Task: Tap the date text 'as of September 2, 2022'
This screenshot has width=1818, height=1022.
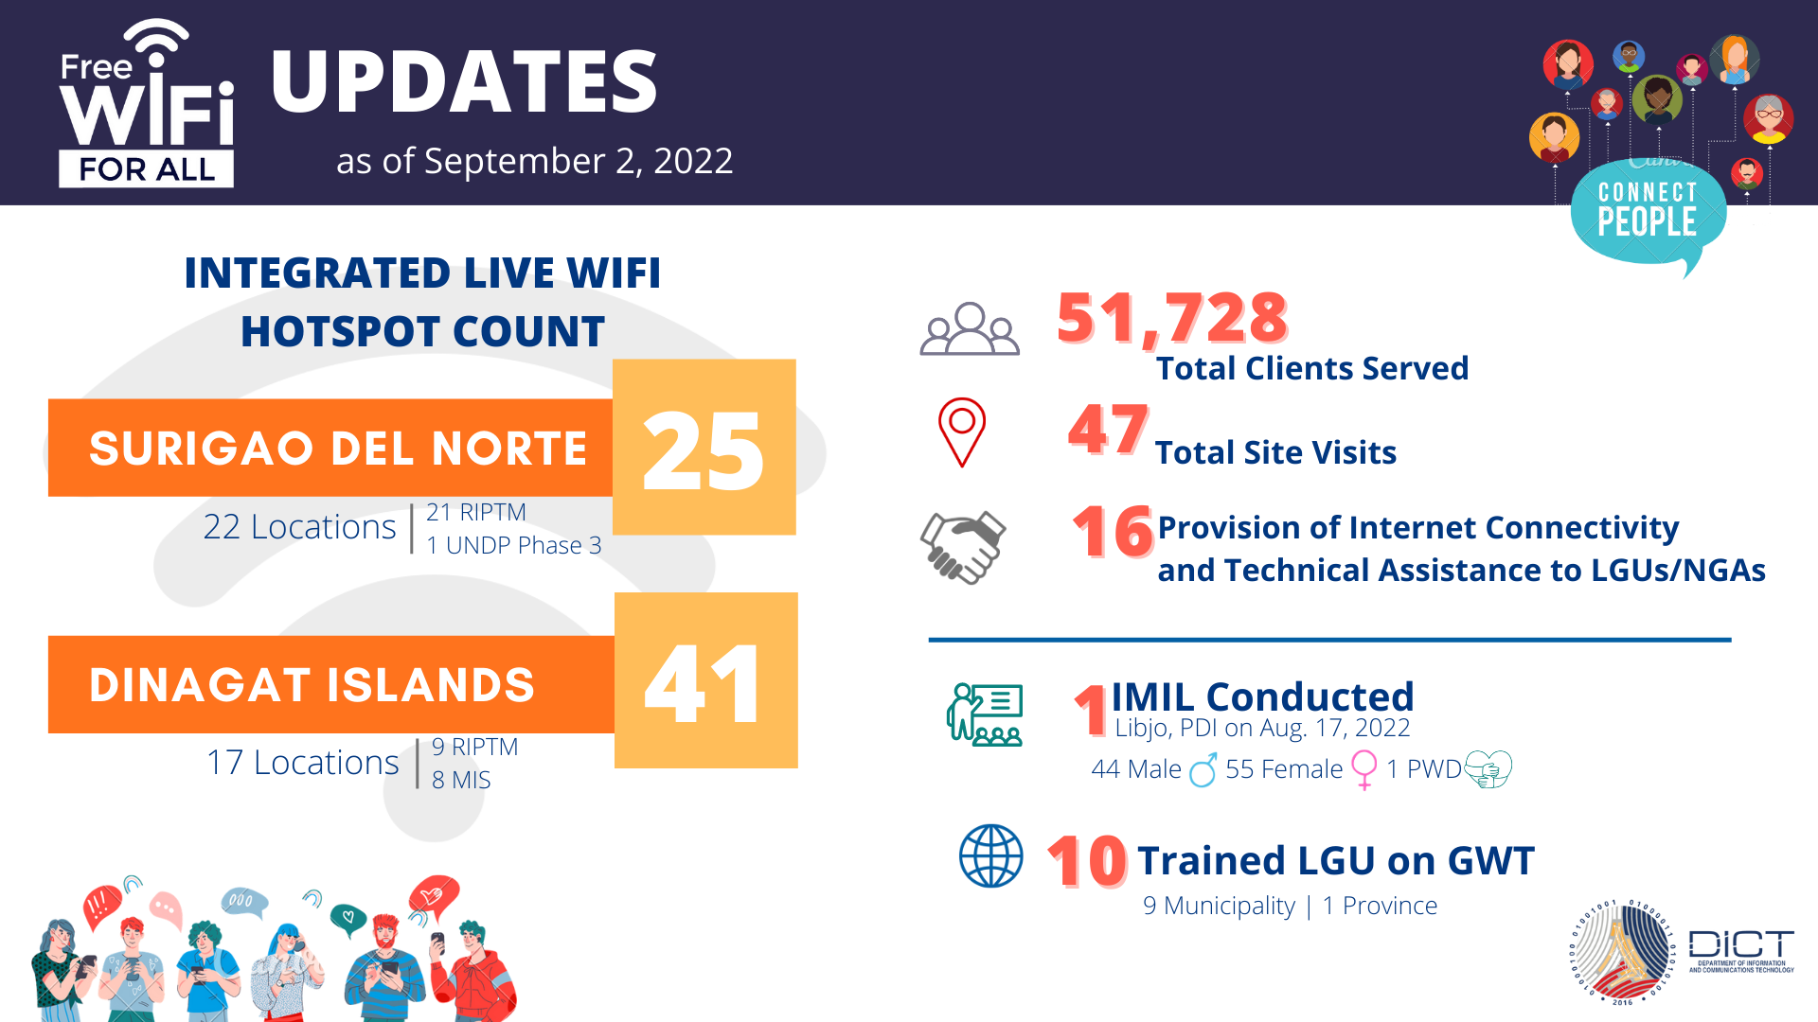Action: (534, 161)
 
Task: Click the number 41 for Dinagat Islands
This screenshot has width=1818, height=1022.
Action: (703, 683)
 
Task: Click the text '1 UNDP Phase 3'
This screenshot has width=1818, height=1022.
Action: (513, 545)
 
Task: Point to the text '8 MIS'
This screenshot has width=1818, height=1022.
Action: (461, 780)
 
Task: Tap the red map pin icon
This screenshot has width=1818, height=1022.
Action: (962, 432)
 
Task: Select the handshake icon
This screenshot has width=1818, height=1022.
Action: (963, 547)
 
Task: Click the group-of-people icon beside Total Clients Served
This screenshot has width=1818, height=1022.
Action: (970, 329)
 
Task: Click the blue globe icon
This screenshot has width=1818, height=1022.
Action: (991, 856)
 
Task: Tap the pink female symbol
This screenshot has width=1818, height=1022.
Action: (1364, 769)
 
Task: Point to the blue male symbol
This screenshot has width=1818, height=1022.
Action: (1203, 770)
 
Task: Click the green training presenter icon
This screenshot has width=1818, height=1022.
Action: (985, 714)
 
